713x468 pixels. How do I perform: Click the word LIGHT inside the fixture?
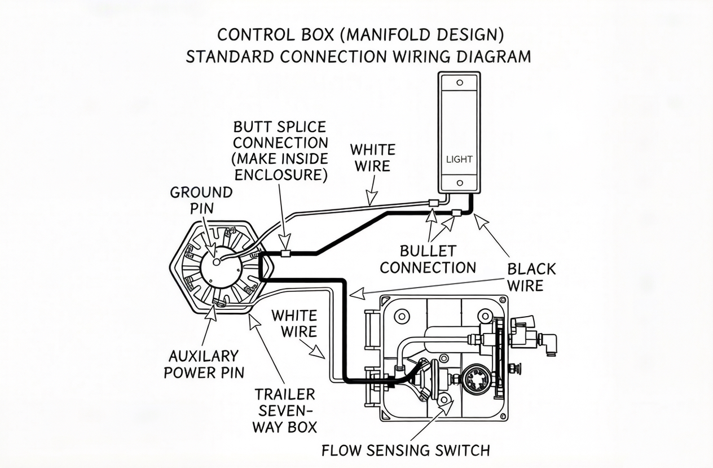459,159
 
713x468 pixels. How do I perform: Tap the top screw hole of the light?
459,82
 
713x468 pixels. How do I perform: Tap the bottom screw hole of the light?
459,183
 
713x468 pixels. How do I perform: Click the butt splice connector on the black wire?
285,254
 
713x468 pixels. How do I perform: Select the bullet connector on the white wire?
433,202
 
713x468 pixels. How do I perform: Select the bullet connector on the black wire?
457,213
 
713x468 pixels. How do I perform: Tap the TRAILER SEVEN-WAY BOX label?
284,410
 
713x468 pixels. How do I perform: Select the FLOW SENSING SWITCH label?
406,450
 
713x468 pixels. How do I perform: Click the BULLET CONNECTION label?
428,259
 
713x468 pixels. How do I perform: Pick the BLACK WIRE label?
531,277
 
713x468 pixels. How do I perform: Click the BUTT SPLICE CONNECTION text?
280,150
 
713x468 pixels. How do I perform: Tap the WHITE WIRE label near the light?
372,158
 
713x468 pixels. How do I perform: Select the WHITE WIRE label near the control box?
293,323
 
